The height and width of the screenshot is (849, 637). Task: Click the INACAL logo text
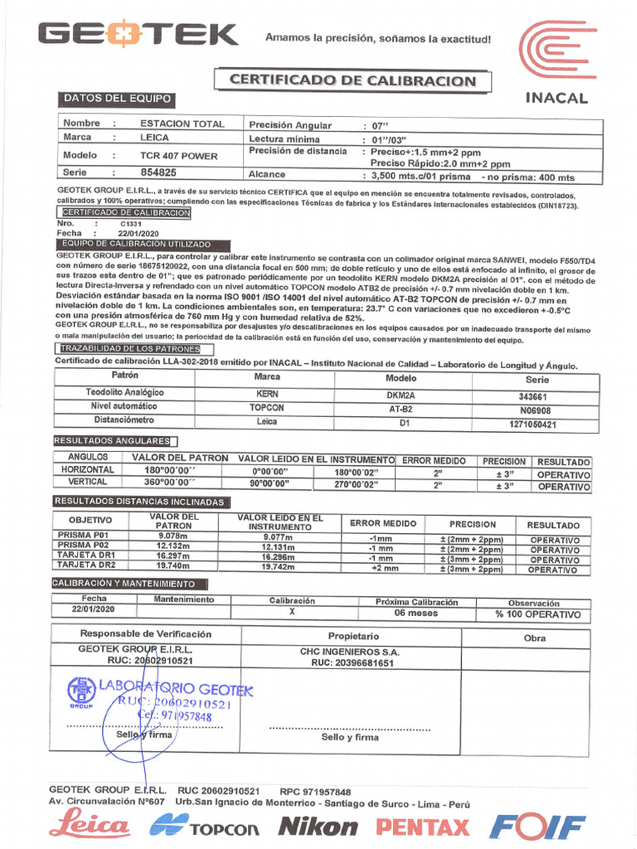(557, 98)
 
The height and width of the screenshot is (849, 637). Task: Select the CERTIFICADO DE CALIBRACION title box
(353, 80)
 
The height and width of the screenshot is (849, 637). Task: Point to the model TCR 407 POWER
(178, 155)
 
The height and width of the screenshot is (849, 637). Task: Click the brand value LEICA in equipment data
(154, 138)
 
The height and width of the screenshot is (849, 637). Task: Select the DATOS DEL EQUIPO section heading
(117, 99)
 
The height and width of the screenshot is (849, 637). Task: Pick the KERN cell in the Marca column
(267, 395)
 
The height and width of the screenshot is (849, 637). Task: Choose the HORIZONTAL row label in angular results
(87, 470)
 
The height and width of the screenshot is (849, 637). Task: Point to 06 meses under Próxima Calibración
(416, 614)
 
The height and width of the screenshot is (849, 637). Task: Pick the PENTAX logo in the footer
(422, 826)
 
